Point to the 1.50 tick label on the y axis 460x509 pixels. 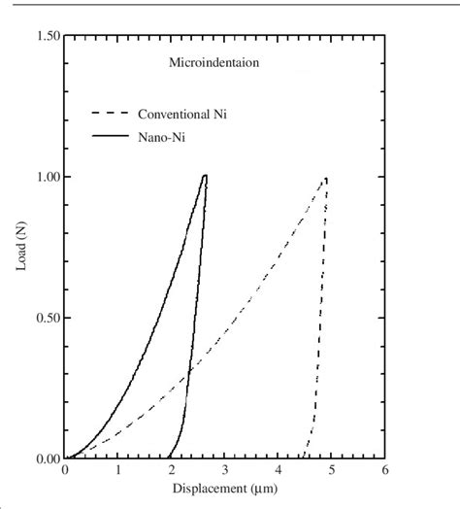pos(46,36)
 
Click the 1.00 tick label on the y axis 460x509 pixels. pos(46,177)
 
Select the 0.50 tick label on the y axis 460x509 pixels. pos(46,318)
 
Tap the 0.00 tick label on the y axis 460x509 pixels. pos(46,458)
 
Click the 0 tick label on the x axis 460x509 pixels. pos(65,471)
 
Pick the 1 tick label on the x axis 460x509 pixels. pos(118,471)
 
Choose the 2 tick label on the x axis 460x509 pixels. pos(172,471)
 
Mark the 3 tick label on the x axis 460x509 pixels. pos(225,471)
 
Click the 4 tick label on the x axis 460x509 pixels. pos(279,471)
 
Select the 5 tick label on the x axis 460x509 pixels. pos(332,471)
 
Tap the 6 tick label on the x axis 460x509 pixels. pos(385,471)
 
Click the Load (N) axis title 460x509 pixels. pos(21,248)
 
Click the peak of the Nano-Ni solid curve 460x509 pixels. pos(206,176)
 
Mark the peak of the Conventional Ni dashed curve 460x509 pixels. pos(326,178)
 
